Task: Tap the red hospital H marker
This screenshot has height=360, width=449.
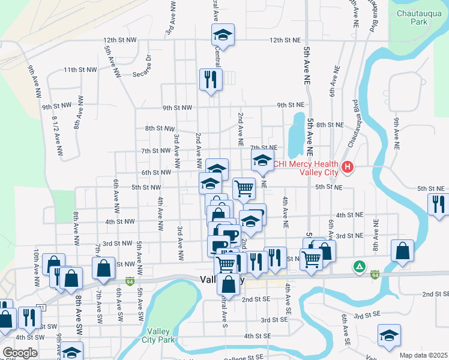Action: (346, 167)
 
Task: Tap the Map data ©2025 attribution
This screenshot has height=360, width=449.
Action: (423, 355)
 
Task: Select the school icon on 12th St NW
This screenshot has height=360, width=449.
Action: (223, 35)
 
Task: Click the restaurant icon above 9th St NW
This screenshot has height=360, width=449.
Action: (211, 79)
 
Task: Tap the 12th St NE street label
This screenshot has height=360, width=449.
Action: (285, 40)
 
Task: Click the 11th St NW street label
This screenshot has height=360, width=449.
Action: (80, 70)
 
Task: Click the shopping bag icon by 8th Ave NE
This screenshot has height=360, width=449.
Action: (402, 251)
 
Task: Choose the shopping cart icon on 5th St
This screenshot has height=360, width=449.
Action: (244, 188)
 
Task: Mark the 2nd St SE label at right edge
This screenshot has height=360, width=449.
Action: (435, 294)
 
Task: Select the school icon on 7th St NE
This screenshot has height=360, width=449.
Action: (262, 160)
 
